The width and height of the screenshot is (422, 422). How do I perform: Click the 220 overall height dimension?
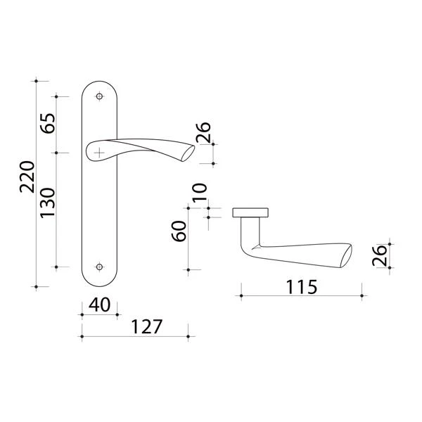(27, 177)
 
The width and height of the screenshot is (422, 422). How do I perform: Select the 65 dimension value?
(48, 123)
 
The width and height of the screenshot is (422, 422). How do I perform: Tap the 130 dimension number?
(48, 203)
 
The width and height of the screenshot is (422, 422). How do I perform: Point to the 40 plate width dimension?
(99, 305)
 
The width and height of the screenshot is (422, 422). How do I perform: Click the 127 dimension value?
(147, 326)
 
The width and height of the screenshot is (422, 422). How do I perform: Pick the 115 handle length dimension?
(302, 287)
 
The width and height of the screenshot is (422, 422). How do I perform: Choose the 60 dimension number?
(179, 231)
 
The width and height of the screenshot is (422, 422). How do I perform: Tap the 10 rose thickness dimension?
(200, 193)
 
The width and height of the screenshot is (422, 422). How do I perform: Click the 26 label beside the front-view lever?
(203, 132)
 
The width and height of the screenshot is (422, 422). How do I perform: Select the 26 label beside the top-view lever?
(380, 255)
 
